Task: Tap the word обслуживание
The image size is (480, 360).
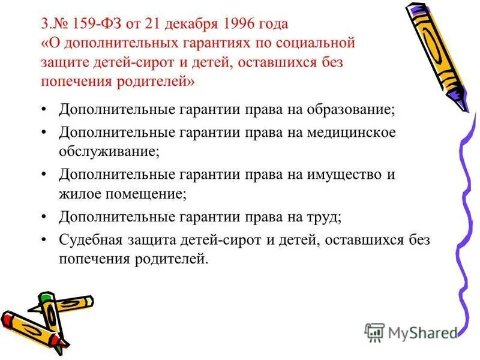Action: coord(108,151)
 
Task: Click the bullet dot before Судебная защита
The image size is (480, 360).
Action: coord(46,239)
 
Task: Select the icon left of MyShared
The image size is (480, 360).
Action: coord(374,332)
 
